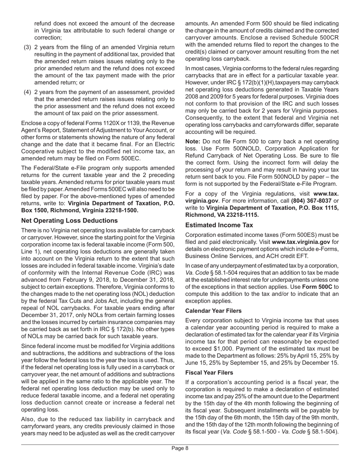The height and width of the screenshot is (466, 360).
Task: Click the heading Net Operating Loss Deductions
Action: pos(69,220)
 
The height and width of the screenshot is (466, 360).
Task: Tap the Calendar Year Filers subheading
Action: pos(213,311)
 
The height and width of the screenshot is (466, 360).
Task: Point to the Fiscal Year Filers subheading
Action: pos(209,372)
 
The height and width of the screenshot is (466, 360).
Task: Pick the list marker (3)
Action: pos(28,47)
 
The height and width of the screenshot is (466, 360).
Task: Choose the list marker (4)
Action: pos(28,92)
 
